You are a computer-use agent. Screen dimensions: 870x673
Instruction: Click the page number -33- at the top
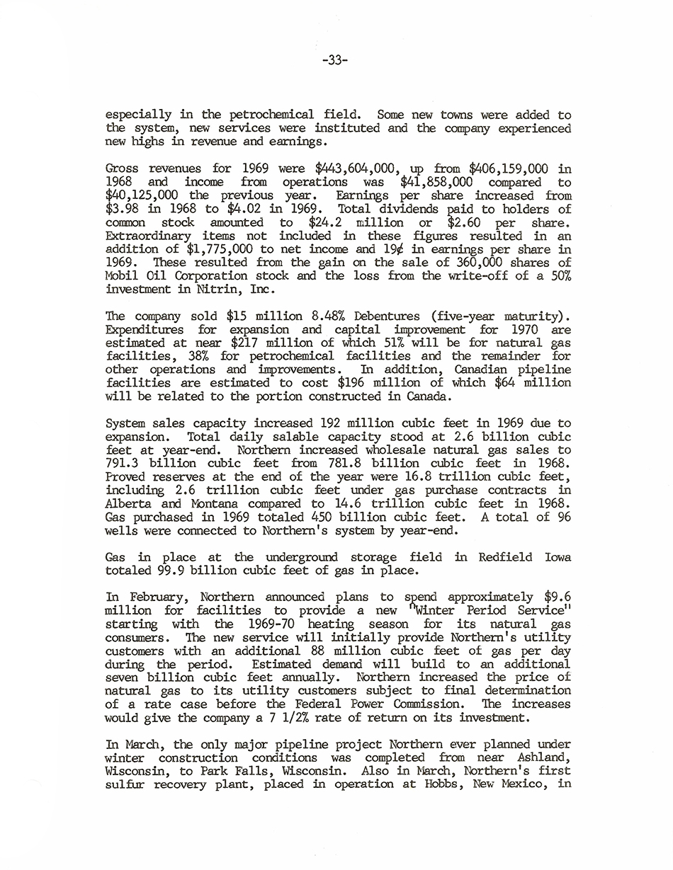(334, 61)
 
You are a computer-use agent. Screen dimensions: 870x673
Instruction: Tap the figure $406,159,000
(504, 169)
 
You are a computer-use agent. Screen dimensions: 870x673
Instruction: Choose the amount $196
(354, 383)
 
